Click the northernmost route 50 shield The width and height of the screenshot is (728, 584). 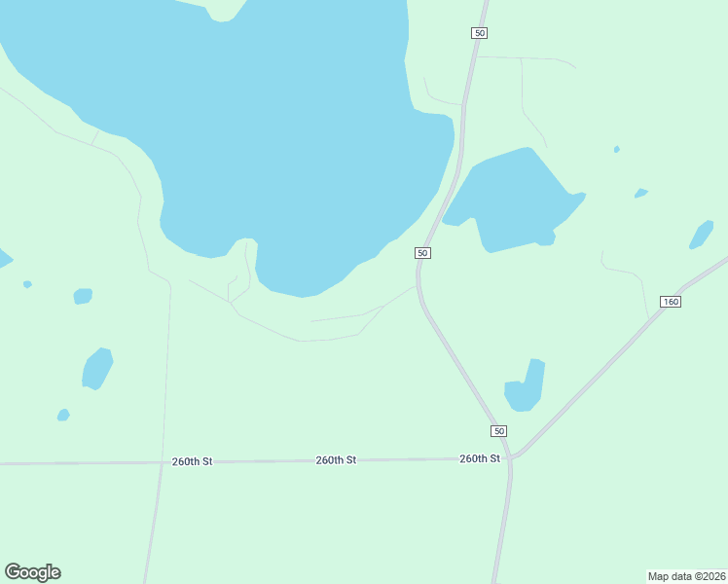click(x=479, y=33)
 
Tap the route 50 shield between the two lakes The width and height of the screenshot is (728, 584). click(x=422, y=253)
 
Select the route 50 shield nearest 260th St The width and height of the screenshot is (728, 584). click(x=498, y=431)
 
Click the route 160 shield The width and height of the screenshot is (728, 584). click(x=670, y=302)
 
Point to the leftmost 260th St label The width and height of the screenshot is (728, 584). click(x=192, y=461)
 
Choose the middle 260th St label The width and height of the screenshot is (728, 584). click(x=336, y=459)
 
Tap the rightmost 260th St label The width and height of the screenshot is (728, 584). click(x=480, y=458)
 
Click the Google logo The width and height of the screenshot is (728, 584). click(x=33, y=572)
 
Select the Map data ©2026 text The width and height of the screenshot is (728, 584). click(x=687, y=575)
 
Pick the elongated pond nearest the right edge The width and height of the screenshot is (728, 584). click(x=701, y=235)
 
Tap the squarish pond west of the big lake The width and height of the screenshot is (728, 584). click(x=83, y=296)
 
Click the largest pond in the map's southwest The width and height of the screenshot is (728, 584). click(x=97, y=369)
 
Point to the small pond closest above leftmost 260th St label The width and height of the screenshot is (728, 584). click(x=63, y=416)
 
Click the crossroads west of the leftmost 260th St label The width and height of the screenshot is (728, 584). click(x=161, y=463)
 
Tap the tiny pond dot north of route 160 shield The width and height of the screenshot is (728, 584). click(x=640, y=193)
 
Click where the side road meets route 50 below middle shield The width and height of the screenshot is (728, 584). click(x=418, y=286)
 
